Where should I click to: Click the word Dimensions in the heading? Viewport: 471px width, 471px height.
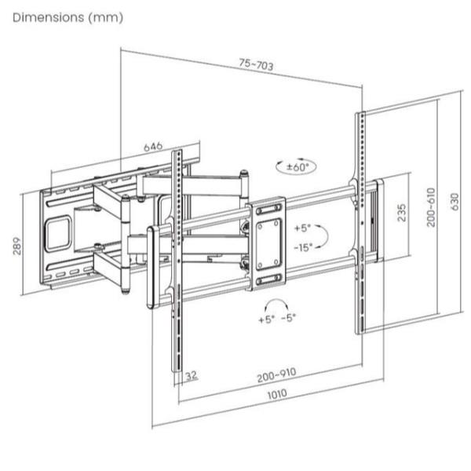49,17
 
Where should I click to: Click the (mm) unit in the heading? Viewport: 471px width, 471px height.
106,17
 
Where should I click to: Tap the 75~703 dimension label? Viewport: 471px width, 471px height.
256,64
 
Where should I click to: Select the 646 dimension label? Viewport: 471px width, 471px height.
153,147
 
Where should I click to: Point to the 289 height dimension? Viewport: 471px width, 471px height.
17,246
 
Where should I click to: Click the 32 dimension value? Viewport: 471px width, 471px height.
191,375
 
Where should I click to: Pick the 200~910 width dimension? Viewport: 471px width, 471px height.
276,374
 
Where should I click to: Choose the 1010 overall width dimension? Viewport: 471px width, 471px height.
277,394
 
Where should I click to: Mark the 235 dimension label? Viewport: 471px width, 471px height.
402,213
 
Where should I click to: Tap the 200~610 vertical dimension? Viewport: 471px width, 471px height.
431,207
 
